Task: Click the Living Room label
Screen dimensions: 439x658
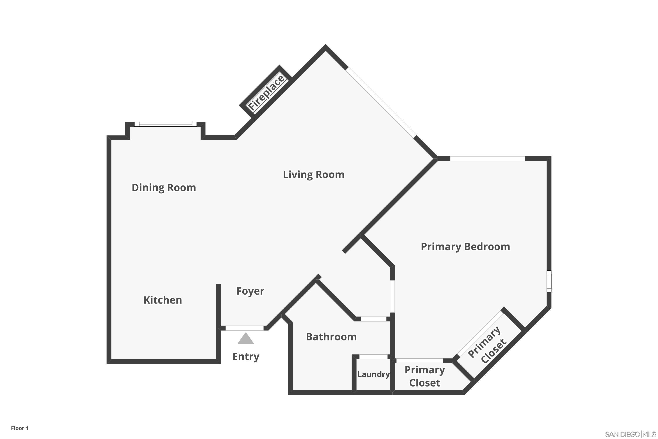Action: pos(313,175)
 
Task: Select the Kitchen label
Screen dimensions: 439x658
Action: pos(163,300)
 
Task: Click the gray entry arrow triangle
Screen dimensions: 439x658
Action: pos(246,339)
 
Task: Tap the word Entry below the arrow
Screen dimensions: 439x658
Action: pos(246,357)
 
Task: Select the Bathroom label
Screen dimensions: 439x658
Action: pos(331,337)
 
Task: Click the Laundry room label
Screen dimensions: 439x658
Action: pos(373,374)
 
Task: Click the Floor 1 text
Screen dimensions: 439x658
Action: pos(20,428)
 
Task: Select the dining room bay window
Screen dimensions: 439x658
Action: pos(165,124)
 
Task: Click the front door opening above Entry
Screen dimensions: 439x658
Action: pos(245,328)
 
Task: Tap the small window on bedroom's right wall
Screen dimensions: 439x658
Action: pos(549,281)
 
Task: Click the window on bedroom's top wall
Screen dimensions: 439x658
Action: pos(487,159)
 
